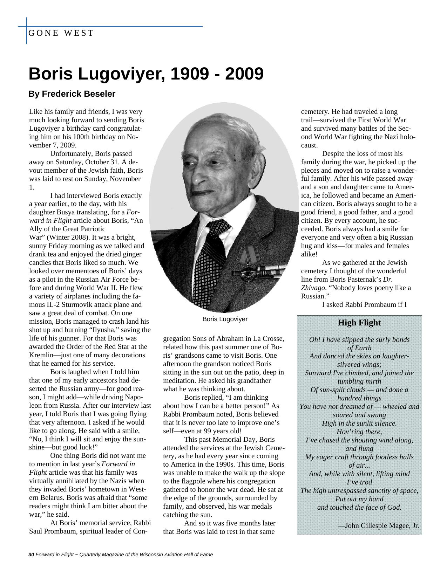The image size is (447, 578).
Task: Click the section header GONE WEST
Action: [x=61, y=33]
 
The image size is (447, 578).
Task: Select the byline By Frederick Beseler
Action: [x=72, y=94]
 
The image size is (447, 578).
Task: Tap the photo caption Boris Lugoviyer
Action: [x=225, y=319]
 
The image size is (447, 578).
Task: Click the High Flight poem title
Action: [x=359, y=323]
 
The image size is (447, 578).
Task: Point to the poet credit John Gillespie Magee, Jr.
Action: [x=379, y=525]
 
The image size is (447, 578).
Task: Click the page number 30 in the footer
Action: [x=31, y=555]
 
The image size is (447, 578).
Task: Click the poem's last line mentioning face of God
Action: [x=359, y=507]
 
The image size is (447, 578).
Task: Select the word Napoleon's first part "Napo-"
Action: [x=134, y=397]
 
